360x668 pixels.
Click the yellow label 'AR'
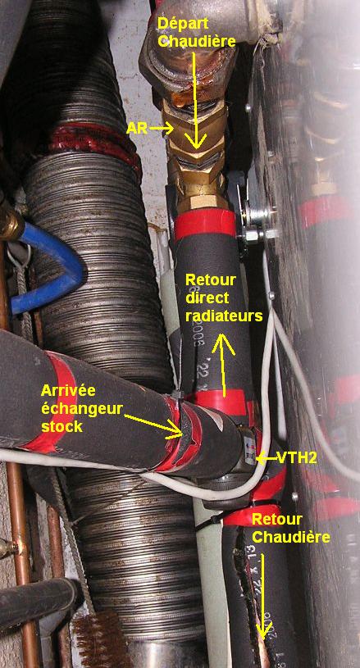[137, 128]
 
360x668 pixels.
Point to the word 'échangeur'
[82, 407]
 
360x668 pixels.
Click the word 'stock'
[62, 426]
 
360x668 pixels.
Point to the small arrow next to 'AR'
[161, 128]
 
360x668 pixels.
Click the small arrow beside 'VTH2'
[266, 458]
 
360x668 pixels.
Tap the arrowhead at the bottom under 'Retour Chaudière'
[264, 630]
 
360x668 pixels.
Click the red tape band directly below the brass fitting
[205, 225]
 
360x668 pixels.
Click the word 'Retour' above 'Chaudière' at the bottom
[277, 520]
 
